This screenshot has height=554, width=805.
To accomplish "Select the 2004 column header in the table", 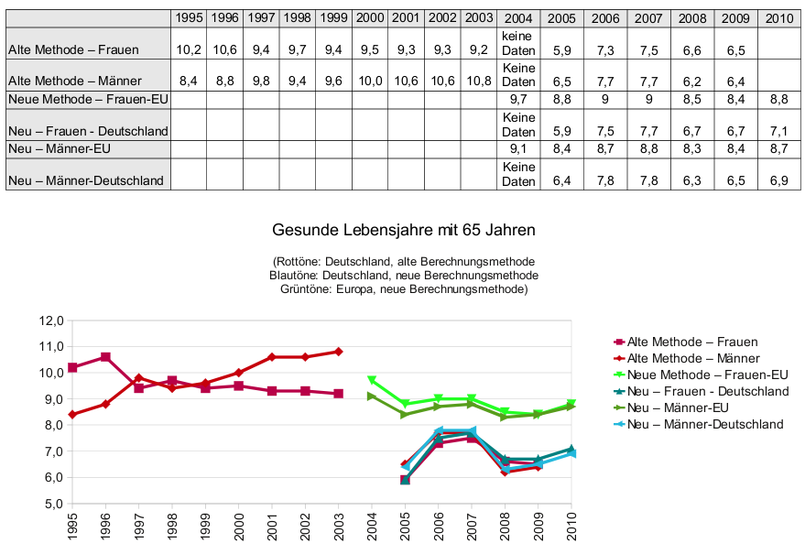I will click(x=518, y=17).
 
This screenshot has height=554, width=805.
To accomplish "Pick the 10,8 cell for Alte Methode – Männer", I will click(x=479, y=81).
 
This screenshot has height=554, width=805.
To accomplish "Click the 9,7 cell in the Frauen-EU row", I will click(x=518, y=98).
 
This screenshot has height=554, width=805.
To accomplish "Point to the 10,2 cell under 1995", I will click(x=190, y=49).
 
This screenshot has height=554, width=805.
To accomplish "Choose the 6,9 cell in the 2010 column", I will click(x=778, y=180).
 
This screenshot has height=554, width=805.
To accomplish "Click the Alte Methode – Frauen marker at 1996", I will click(x=105, y=357).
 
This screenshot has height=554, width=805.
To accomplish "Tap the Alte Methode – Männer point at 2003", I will click(x=338, y=352).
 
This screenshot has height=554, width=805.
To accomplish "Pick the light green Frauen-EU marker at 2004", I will click(x=371, y=380).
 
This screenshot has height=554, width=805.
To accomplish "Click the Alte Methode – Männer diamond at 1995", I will click(x=72, y=414).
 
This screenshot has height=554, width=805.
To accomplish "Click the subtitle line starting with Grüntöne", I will click(x=404, y=288).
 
